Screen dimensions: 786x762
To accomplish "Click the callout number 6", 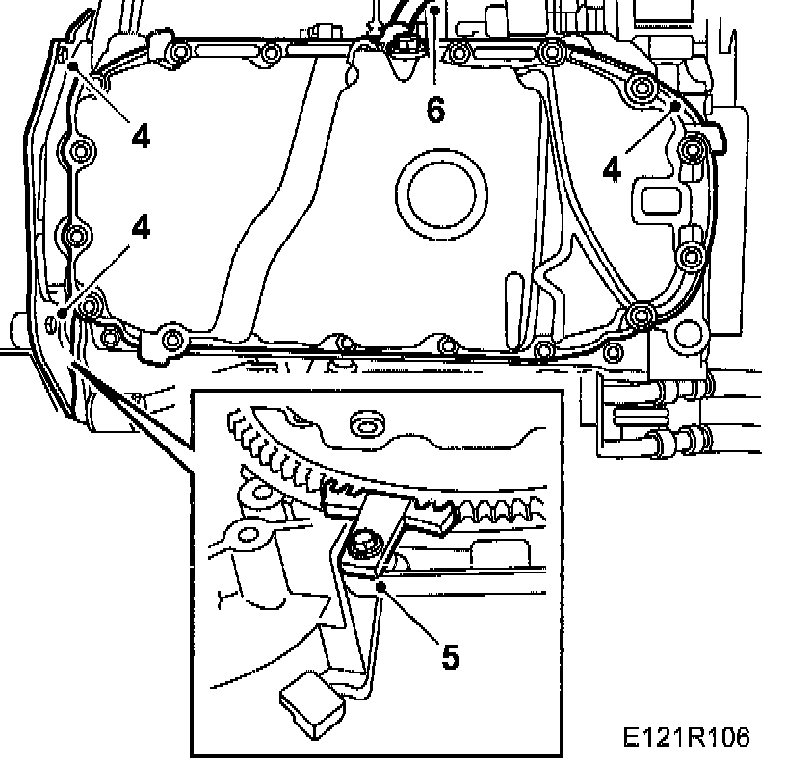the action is point(435,110).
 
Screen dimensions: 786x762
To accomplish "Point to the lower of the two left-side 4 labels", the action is point(142,227).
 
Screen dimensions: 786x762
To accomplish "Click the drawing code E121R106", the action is point(685,737).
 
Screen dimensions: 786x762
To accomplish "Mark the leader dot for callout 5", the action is point(382,584).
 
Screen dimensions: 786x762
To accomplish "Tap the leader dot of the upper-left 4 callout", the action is point(74,65).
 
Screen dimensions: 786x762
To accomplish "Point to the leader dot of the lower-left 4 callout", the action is point(62,314).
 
